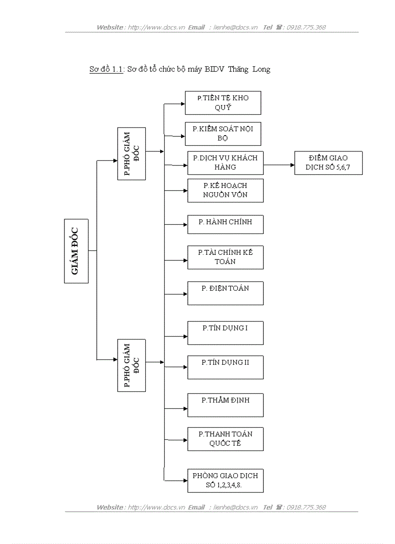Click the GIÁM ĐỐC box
coord(76,251)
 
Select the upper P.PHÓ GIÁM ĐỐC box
coord(132,154)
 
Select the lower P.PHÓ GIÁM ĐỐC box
coord(132,365)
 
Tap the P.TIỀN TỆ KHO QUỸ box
coord(223,103)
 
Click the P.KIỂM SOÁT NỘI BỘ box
coord(223,134)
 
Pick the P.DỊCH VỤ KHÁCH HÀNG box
coord(225,163)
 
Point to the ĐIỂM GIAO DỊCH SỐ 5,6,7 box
coord(328,163)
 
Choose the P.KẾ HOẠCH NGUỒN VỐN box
coord(225,190)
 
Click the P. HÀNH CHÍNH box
coord(225,224)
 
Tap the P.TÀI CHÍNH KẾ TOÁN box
coord(225,257)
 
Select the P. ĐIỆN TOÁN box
coord(225,293)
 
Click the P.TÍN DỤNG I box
coord(225,333)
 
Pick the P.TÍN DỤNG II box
coord(225,367)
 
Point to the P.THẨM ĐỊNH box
coord(225,405)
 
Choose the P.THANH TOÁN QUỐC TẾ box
coord(225,439)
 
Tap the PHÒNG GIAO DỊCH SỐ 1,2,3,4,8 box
coord(225,481)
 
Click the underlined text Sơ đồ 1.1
coord(106,69)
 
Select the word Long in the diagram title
coord(261,69)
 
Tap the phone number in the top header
coord(306,28)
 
